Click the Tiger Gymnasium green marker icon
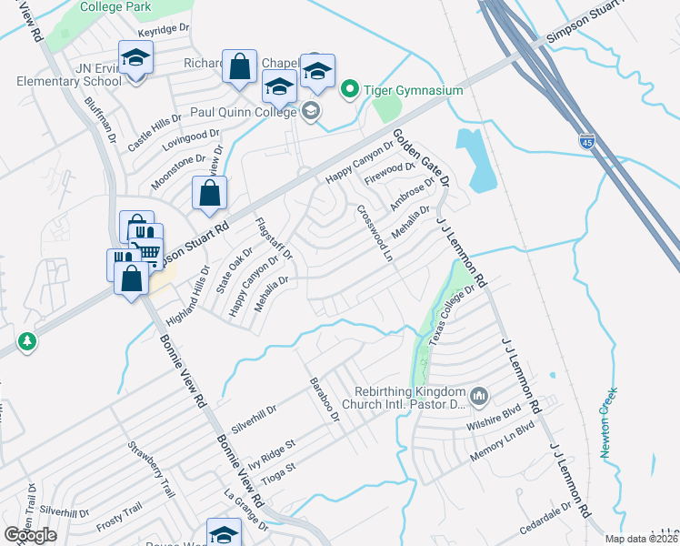348,90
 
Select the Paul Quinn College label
243,112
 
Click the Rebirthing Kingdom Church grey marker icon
480,396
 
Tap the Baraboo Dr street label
323,401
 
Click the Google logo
30,535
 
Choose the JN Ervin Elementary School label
68,74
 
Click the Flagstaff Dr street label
274,239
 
